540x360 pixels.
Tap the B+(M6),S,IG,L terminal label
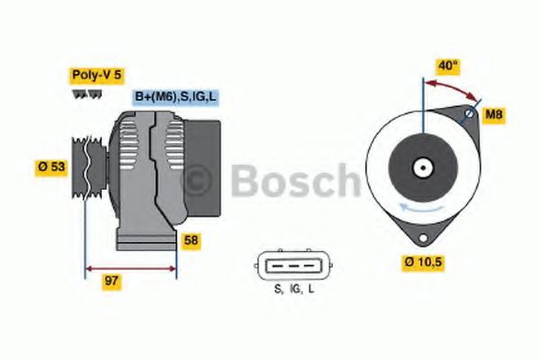click(x=175, y=97)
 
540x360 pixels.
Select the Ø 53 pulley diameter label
click(x=51, y=166)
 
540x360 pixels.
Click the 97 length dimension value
click(x=112, y=281)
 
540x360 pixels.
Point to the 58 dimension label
click(x=191, y=240)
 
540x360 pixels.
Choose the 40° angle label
click(x=448, y=65)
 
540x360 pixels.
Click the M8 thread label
click(x=494, y=114)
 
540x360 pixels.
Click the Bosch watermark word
click(x=297, y=180)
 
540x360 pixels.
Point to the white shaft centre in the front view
click(x=421, y=167)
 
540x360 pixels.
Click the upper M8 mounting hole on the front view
click(x=469, y=114)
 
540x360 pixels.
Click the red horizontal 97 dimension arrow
click(x=130, y=267)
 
